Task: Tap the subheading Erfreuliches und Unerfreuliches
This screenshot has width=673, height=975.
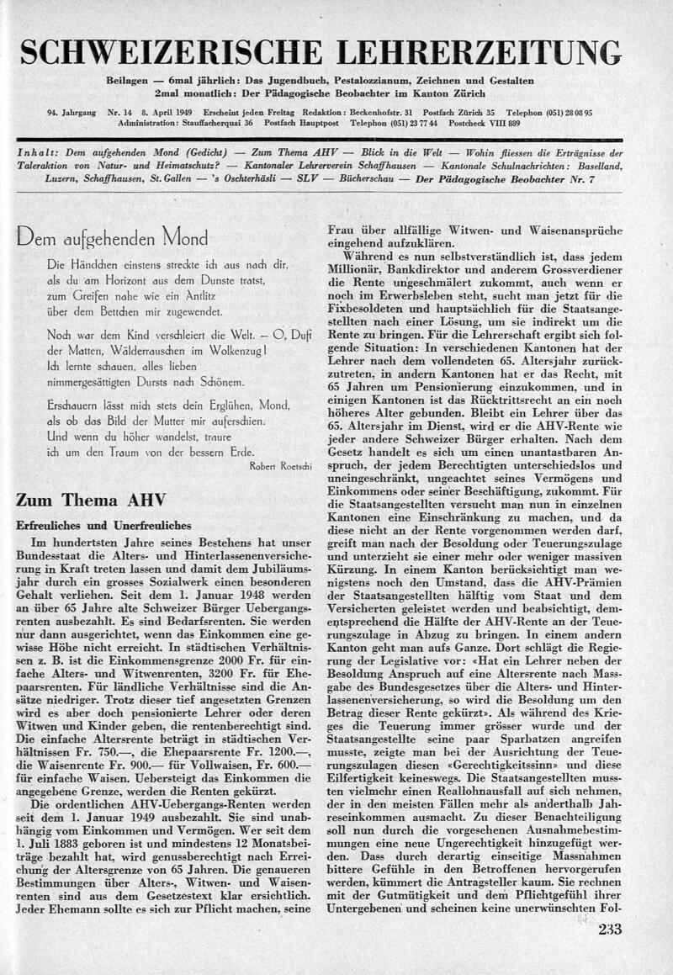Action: click(103, 526)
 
